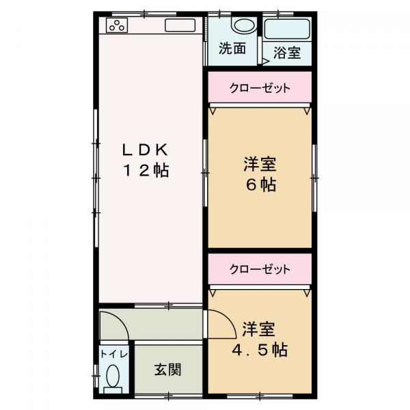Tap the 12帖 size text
pyautogui.click(x=146, y=171)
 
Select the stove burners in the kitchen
pyautogui.click(x=117, y=27)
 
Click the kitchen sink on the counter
pyautogui.click(x=180, y=27)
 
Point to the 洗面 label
pyautogui.click(x=232, y=49)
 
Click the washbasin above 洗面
pyautogui.click(x=242, y=26)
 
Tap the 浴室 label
pyautogui.click(x=287, y=53)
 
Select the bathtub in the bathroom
pyautogui.click(x=287, y=29)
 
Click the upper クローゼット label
pyautogui.click(x=260, y=87)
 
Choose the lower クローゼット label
pyautogui.click(x=260, y=269)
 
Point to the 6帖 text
pyautogui.click(x=260, y=185)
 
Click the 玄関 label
pyautogui.click(x=167, y=370)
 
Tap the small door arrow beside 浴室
pyautogui.click(x=264, y=61)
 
